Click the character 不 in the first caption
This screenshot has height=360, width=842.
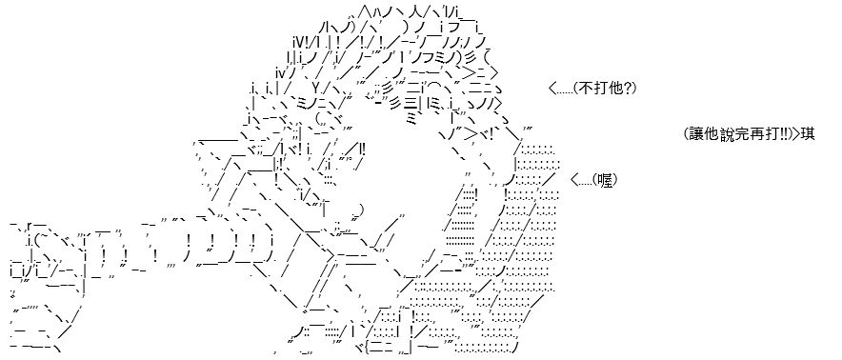584,89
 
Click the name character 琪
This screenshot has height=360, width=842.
808,133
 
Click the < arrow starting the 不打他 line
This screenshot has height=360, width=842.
553,89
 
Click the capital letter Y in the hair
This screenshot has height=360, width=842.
317,88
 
